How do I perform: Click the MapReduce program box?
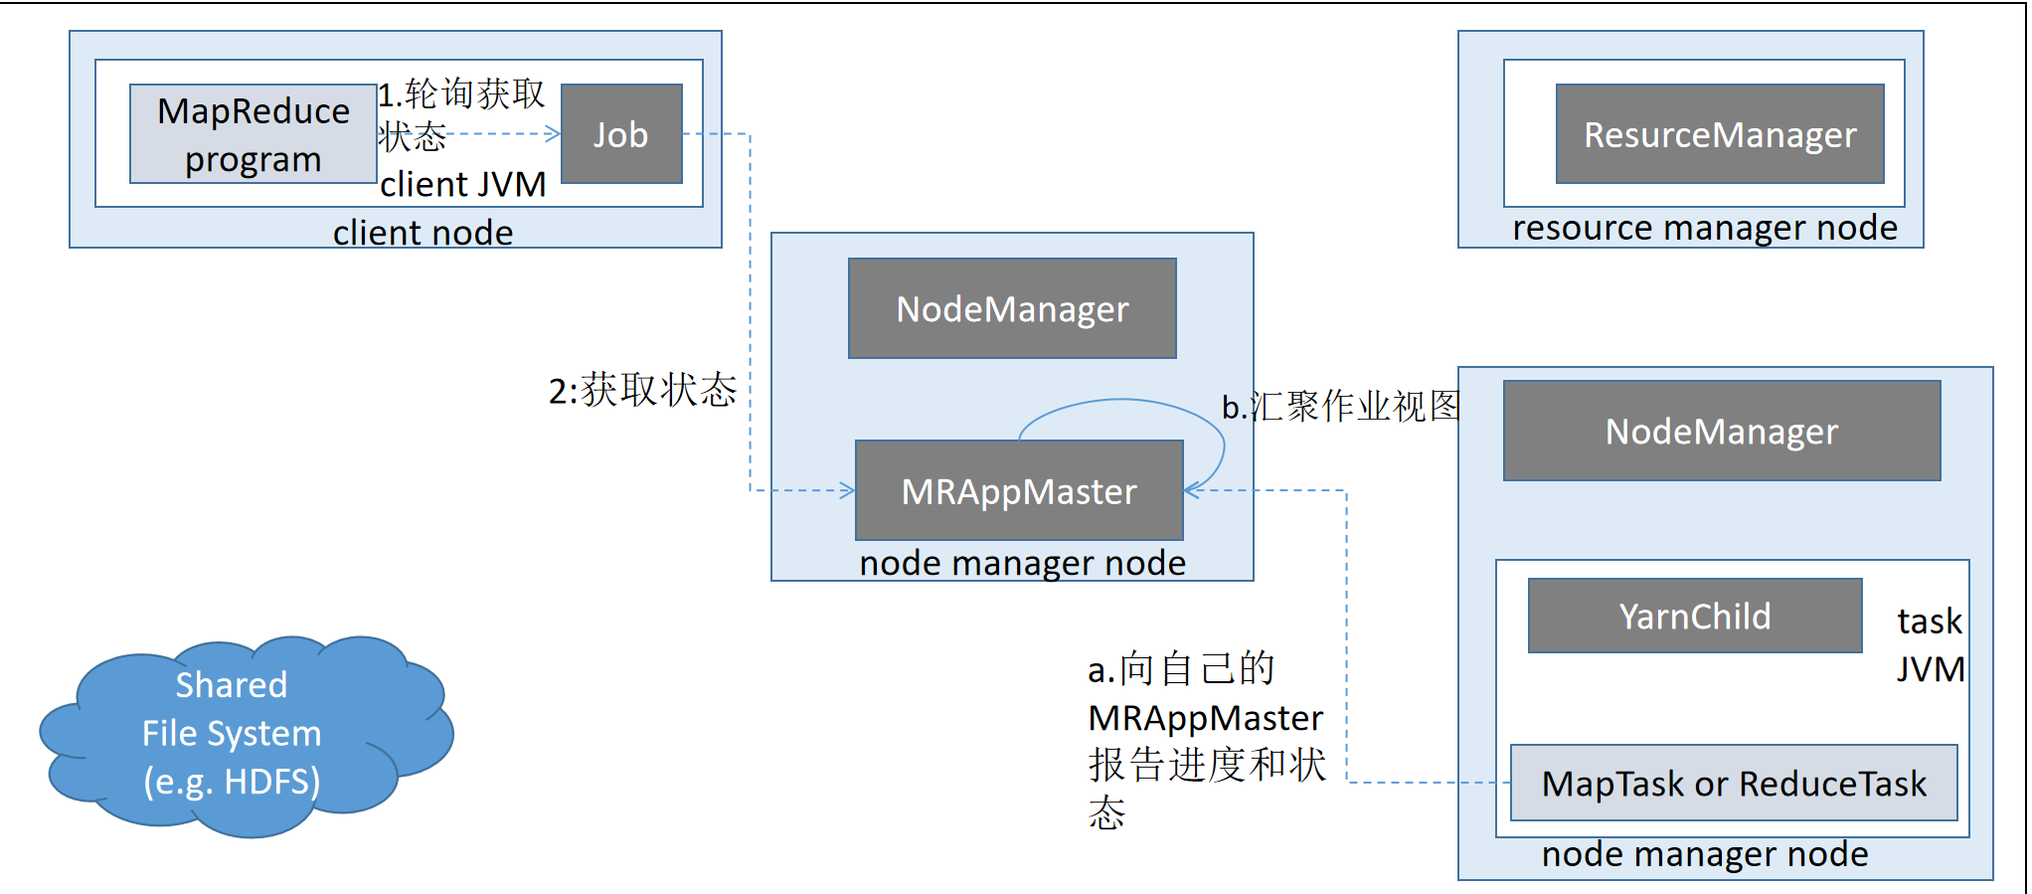coord(253,134)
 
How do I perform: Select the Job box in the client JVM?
coord(621,134)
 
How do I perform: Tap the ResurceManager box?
coord(1719,134)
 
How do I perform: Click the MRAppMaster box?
coord(1019,491)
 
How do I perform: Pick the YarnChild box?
coord(1694,617)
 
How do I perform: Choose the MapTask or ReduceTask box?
coord(1733,784)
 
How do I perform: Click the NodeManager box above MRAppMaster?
coord(1012,309)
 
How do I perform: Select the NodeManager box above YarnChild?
coord(1721,432)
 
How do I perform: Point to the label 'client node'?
coord(423,233)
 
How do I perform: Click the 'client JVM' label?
coord(462,185)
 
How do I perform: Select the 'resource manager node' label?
coord(1704,228)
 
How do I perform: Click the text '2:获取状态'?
coord(642,391)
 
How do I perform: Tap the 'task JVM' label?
coord(1930,644)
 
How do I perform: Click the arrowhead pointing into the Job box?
coord(554,134)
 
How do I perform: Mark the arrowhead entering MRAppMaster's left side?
coord(847,490)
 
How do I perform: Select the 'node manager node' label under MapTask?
coord(1704,854)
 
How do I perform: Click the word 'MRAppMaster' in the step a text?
coord(1205,718)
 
